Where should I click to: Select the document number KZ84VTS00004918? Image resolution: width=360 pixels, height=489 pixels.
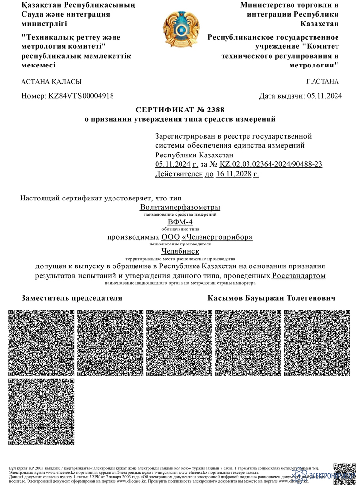pyautogui.click(x=81, y=96)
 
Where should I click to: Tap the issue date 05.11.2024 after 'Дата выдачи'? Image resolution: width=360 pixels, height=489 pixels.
pyautogui.click(x=324, y=96)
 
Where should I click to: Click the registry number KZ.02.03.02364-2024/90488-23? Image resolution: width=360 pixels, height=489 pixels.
pyautogui.click(x=271, y=164)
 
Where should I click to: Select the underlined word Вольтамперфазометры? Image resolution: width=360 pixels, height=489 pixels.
pyautogui.click(x=180, y=208)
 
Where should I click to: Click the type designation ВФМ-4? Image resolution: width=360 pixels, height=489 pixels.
pyautogui.click(x=180, y=222)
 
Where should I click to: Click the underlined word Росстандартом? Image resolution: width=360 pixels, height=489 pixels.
pyautogui.click(x=299, y=276)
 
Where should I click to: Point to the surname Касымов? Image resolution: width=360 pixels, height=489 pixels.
pyautogui.click(x=227, y=298)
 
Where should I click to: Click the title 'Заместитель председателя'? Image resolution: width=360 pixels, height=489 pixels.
pyautogui.click(x=72, y=298)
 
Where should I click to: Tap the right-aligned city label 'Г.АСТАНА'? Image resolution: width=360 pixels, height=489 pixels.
pyautogui.click(x=322, y=82)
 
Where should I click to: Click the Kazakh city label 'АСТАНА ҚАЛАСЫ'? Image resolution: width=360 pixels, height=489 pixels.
pyautogui.click(x=51, y=82)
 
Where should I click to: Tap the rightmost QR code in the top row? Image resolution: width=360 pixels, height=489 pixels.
pyautogui.click(x=317, y=342)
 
